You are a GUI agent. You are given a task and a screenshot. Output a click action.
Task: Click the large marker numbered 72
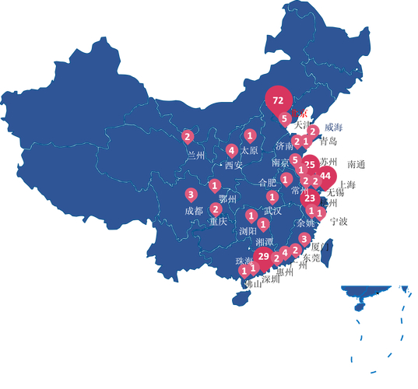tap(278, 100)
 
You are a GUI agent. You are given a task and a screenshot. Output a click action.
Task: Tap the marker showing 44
tap(325, 176)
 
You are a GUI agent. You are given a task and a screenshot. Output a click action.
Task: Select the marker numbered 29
tap(263, 256)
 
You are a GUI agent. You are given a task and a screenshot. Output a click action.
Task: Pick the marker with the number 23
tap(309, 198)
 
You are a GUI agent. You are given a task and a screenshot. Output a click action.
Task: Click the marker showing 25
tap(310, 165)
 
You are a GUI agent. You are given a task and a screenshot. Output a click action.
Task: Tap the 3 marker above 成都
tap(191, 194)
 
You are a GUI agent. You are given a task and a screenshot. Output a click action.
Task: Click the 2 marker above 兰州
tap(187, 137)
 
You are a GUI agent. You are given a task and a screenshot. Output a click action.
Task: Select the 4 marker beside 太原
tap(231, 150)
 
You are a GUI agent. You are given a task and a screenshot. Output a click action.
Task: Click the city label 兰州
tap(196, 154)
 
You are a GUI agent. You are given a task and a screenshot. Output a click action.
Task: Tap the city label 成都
tap(194, 210)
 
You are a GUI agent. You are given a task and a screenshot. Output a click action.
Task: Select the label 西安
tap(234, 165)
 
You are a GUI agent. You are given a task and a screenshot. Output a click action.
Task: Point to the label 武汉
tap(272, 210)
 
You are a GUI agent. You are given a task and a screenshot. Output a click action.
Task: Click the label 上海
tap(347, 185)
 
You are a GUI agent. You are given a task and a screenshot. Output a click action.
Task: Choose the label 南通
tap(357, 164)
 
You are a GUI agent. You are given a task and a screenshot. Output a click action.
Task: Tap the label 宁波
tap(339, 221)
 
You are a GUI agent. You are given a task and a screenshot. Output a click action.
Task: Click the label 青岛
tap(328, 142)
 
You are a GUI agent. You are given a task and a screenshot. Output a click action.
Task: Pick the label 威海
tap(333, 126)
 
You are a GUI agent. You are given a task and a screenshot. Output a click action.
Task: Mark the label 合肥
tap(266, 183)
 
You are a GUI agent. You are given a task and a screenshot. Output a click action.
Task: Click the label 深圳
tap(270, 279)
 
